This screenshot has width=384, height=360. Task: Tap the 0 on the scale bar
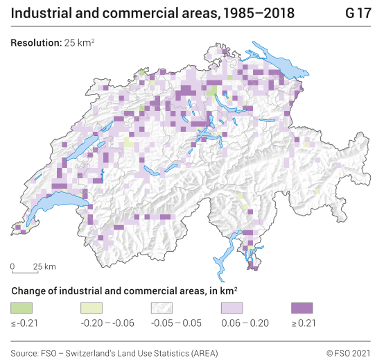(12, 266)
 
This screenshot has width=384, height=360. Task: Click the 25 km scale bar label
(44, 266)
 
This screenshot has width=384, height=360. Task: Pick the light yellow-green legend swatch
(92, 307)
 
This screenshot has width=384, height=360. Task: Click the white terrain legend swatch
(162, 307)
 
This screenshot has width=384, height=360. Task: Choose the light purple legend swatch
(232, 307)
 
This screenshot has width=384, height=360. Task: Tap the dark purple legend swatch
(302, 307)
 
